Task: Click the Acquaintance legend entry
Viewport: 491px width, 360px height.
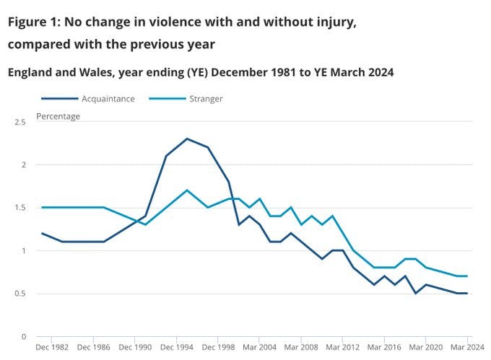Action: (108, 99)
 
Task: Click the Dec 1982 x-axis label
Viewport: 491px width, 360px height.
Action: (52, 348)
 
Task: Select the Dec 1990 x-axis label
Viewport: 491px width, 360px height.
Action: (135, 348)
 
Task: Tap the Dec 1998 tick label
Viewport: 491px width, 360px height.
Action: (217, 348)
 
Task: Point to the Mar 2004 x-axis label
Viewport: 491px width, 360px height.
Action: (259, 348)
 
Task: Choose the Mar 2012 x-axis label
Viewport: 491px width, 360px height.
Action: (342, 348)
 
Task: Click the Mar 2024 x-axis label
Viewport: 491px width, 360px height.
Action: (466, 348)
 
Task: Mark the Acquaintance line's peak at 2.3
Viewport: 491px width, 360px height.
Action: (187, 139)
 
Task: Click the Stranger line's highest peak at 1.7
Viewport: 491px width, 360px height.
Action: (187, 190)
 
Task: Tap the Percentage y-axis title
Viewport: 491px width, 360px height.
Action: (58, 115)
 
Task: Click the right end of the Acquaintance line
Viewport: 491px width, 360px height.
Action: (467, 294)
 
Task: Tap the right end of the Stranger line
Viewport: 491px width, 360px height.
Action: (467, 276)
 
